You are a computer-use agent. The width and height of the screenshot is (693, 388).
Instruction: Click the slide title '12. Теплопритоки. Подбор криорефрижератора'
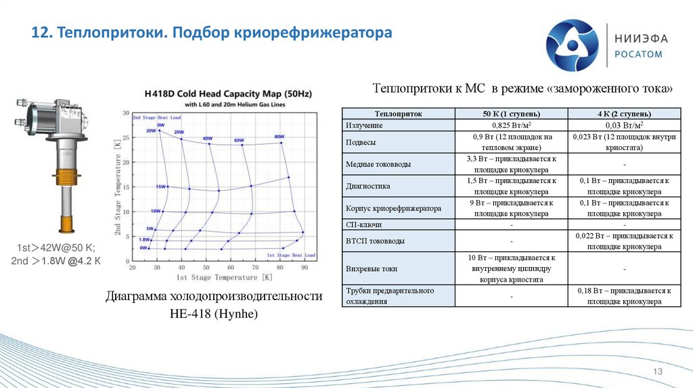(212, 33)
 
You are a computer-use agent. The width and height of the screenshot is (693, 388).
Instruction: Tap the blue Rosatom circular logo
(573, 45)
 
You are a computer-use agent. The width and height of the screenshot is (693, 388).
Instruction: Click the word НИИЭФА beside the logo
(638, 38)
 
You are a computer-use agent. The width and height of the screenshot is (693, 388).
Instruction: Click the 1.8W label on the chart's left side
(144, 240)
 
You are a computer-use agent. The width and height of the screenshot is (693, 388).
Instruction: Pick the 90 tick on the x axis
(304, 268)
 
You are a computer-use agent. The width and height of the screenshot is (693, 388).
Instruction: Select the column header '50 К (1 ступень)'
(511, 114)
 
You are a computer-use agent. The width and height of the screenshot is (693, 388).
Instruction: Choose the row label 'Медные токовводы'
(378, 164)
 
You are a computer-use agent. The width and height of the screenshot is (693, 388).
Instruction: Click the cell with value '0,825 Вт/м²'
(511, 125)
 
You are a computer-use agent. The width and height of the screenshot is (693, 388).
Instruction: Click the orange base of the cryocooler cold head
(66, 222)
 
